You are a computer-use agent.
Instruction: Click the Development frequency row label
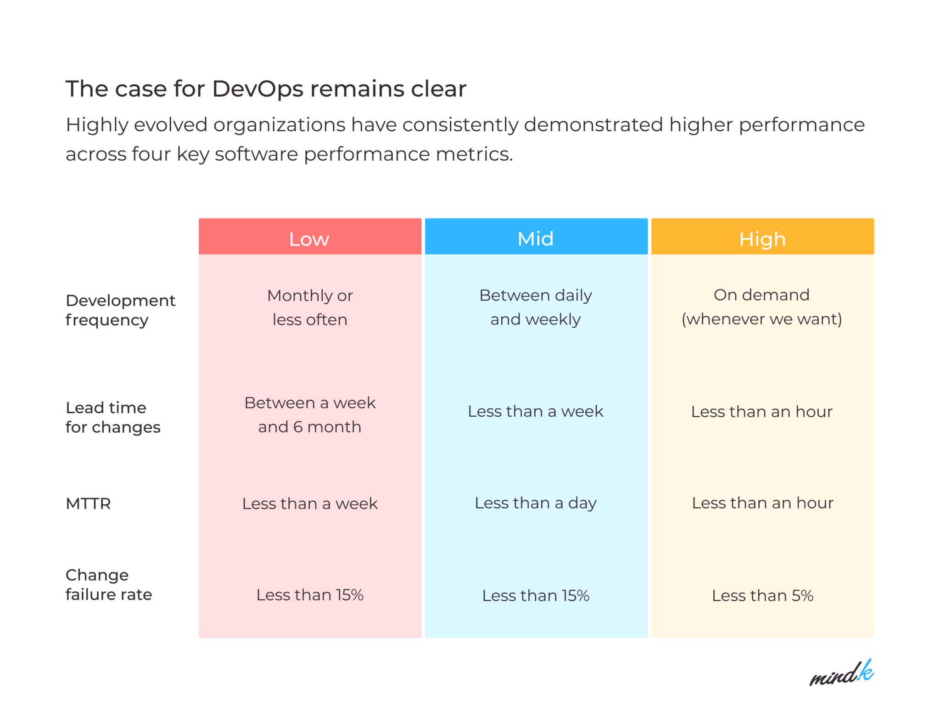(120, 310)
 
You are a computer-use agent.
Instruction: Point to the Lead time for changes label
(113, 417)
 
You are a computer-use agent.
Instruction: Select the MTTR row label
(88, 504)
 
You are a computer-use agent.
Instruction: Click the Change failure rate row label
(109, 584)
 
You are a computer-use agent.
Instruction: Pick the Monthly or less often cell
(310, 307)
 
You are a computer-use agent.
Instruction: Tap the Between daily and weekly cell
(536, 307)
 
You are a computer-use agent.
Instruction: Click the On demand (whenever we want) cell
(762, 307)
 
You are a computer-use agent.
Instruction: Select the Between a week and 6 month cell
(310, 414)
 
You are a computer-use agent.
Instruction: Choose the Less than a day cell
(536, 503)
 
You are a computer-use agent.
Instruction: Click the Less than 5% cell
(762, 595)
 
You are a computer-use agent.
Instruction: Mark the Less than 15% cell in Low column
(310, 595)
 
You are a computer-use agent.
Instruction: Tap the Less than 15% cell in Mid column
(536, 595)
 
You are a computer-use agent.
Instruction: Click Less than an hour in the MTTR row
(762, 503)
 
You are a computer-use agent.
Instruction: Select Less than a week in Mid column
(536, 411)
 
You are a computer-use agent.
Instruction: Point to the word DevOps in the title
(257, 89)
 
